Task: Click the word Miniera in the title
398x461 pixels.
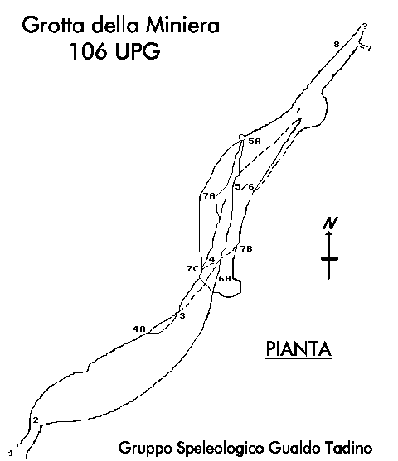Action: coord(183,25)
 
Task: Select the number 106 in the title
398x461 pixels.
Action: coord(88,50)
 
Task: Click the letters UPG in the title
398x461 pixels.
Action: coord(138,50)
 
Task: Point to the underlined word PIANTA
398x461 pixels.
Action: coord(298,348)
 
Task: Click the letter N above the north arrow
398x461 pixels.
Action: coord(330,223)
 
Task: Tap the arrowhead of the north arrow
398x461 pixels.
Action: coord(329,233)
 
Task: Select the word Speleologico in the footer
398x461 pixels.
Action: coord(221,449)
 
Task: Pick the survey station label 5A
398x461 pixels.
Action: coord(255,142)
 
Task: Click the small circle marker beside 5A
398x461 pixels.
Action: coord(241,137)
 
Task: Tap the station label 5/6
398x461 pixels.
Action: coord(245,187)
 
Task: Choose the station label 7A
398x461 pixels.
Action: coord(209,195)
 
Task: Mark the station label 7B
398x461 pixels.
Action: coord(246,249)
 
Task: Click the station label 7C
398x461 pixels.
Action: coord(192,268)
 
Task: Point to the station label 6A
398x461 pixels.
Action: coord(225,278)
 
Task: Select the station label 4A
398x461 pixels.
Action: coord(138,329)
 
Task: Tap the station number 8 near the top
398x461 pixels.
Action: coord(337,45)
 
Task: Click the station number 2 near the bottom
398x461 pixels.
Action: coord(36,420)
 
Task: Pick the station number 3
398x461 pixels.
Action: coord(182,316)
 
